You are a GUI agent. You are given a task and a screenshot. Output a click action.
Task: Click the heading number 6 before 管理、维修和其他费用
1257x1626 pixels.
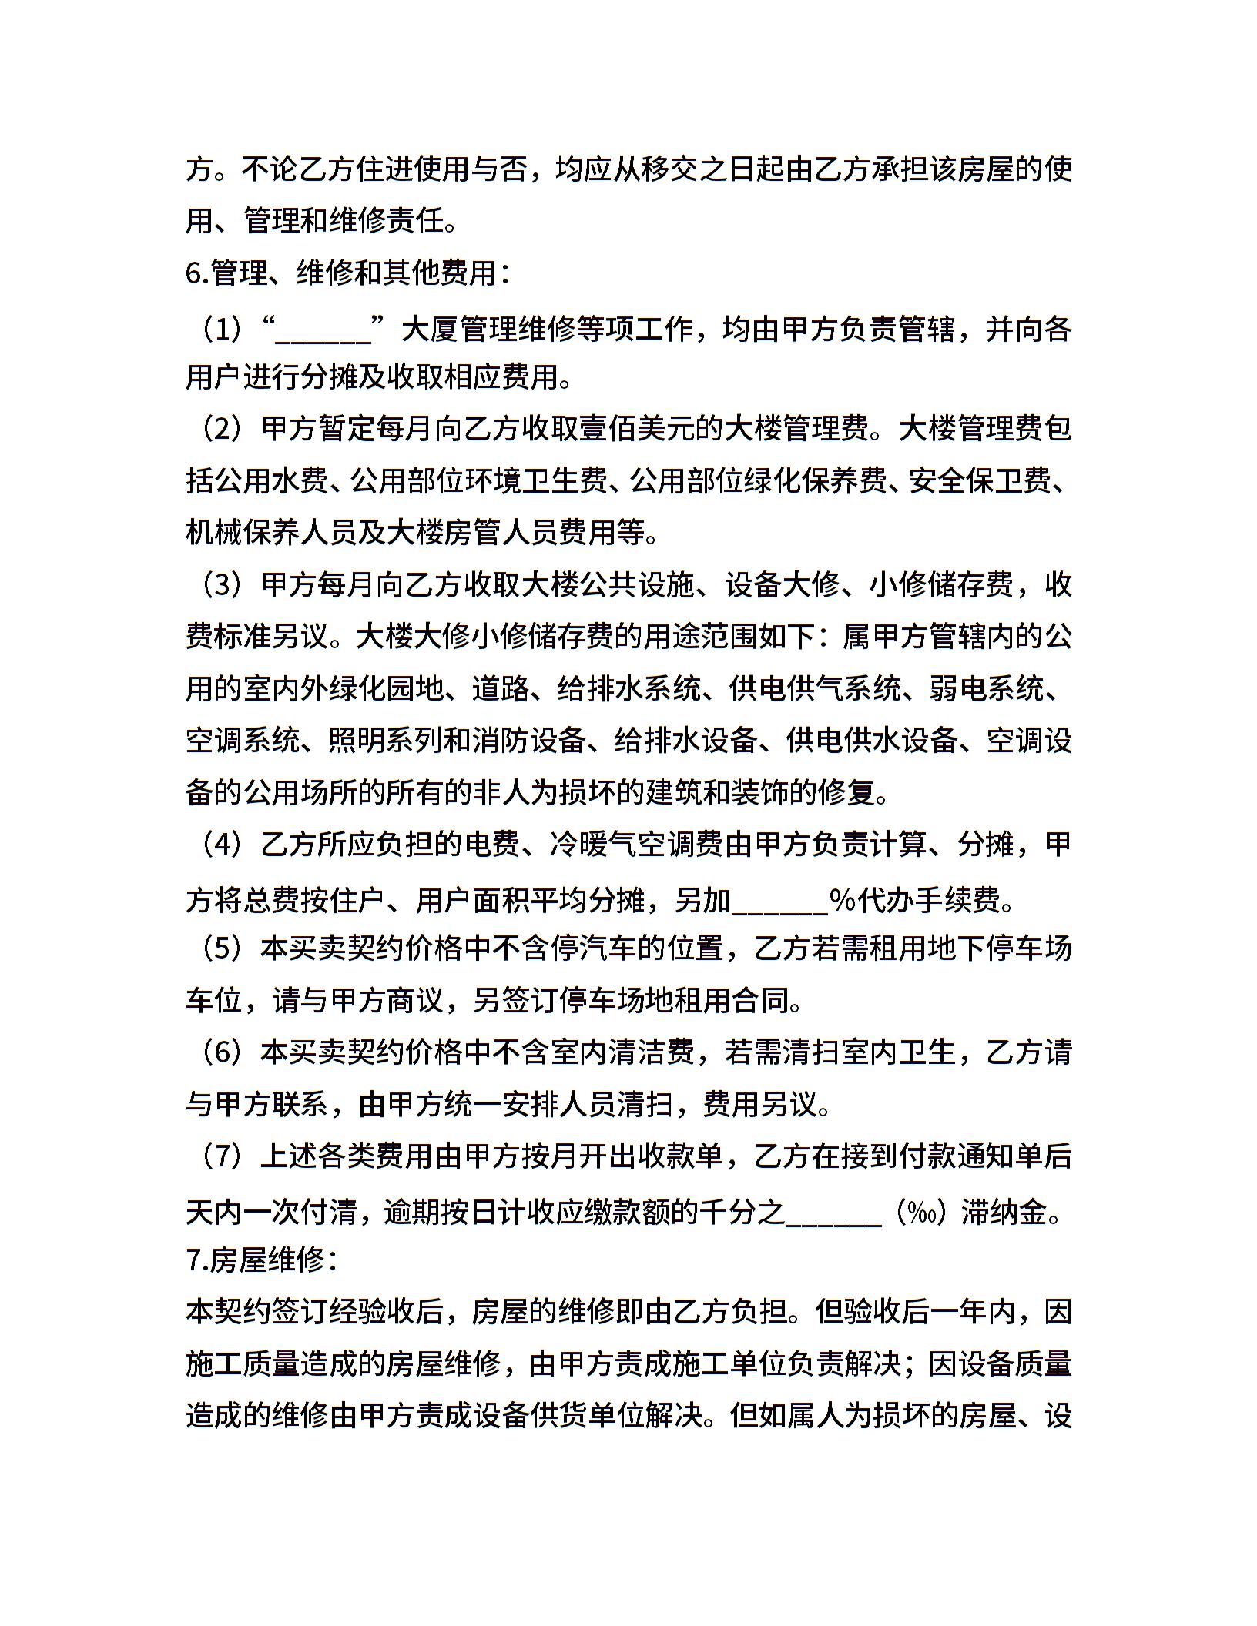point(193,273)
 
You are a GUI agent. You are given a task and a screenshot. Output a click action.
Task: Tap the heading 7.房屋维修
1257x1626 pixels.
point(261,1260)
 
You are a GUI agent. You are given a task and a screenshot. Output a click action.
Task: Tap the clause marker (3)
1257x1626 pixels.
point(223,585)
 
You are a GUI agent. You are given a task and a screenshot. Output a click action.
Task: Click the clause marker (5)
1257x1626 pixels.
point(223,948)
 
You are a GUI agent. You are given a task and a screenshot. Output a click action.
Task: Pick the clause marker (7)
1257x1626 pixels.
point(223,1156)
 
